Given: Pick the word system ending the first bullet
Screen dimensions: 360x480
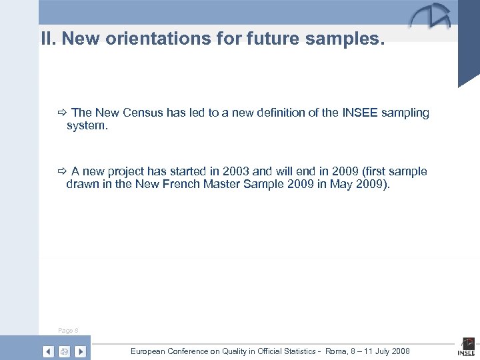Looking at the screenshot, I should [x=85, y=125].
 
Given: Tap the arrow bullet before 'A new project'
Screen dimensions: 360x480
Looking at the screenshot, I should [x=62, y=172].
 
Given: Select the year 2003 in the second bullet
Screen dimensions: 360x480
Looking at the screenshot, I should [x=235, y=171].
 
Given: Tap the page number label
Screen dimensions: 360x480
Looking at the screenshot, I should [x=68, y=330].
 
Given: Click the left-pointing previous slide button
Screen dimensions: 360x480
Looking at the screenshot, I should [x=48, y=351].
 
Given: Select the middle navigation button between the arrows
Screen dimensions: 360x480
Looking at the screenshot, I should [x=64, y=351].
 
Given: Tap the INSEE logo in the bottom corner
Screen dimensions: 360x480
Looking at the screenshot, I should [x=466, y=348].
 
